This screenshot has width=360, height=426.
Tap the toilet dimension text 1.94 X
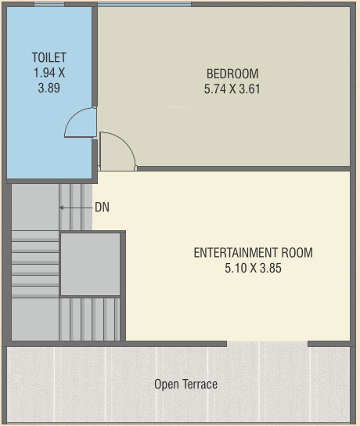pyautogui.click(x=49, y=74)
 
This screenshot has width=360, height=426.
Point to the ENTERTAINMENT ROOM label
pyautogui.click(x=253, y=253)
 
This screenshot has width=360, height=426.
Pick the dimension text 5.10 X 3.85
pyautogui.click(x=253, y=268)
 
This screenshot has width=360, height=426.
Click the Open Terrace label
pyautogui.click(x=185, y=384)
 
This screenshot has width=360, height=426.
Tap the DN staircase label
pyautogui.click(x=102, y=208)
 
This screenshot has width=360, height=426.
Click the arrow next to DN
pyautogui.click(x=75, y=208)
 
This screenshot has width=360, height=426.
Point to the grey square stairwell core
pyautogui.click(x=92, y=264)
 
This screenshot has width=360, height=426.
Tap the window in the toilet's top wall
pyautogui.click(x=49, y=4)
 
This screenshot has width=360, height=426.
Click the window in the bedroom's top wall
pyautogui.click(x=144, y=4)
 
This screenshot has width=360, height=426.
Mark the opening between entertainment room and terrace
pyautogui.click(x=267, y=344)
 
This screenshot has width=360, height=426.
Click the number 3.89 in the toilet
pyautogui.click(x=49, y=88)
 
